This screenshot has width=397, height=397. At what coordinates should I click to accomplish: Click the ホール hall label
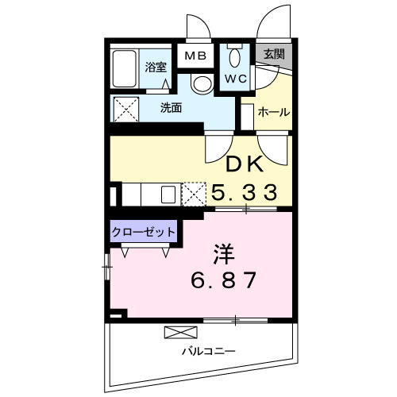pos(273,112)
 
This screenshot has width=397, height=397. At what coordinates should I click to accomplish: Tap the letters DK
pos(245,164)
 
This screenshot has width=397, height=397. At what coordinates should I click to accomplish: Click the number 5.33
pos(244,191)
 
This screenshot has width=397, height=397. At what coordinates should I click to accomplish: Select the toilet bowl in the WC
pos(234,60)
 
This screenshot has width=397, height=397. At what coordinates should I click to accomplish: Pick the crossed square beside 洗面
pos(126,107)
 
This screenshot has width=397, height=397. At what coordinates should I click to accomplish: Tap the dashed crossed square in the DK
pos(195,194)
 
